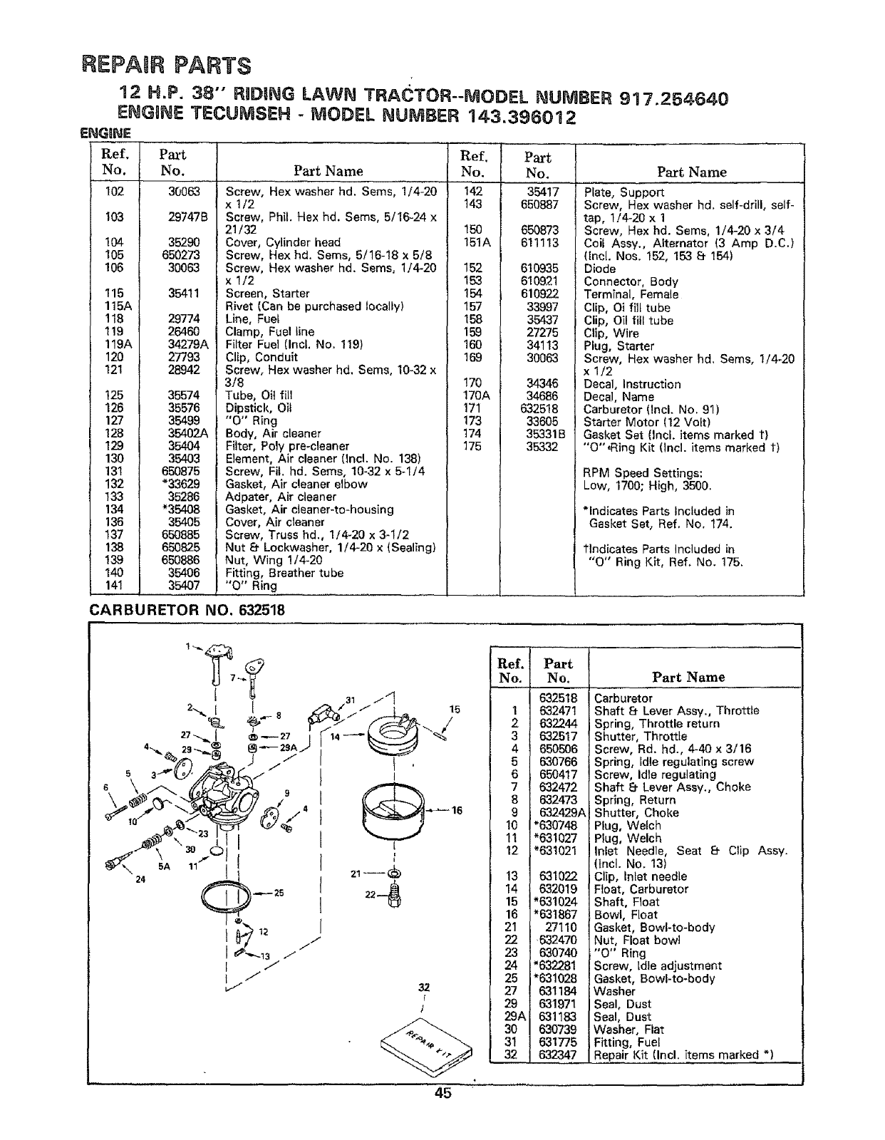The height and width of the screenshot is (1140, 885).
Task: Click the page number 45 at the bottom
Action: pyautogui.click(x=442, y=1094)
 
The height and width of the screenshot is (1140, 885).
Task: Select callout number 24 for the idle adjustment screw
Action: pyautogui.click(x=140, y=879)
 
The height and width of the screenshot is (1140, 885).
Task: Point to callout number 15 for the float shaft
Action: pyautogui.click(x=455, y=710)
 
